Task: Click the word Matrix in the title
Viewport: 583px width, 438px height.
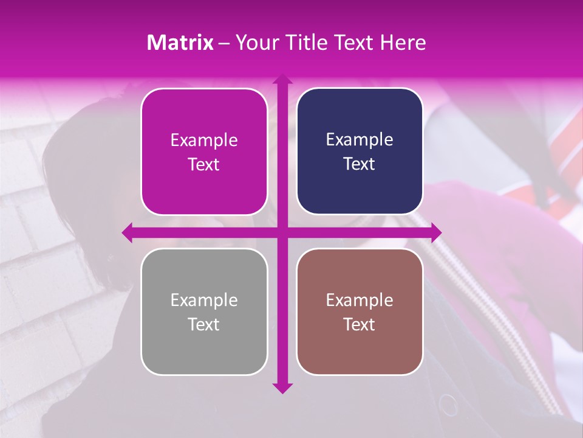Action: point(180,43)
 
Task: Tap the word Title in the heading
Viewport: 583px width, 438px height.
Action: point(309,43)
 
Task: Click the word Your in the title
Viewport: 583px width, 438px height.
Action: point(254,43)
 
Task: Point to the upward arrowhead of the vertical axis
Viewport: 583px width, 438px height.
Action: point(282,80)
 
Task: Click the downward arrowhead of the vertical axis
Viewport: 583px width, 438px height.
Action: point(282,388)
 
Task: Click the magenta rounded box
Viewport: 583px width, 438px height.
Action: point(204,152)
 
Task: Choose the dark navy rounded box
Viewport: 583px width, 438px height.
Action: point(360,151)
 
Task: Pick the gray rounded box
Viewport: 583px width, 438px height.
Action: point(204,312)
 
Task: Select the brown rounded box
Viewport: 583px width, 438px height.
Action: point(360,312)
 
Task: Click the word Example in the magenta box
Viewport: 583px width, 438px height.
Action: point(204,141)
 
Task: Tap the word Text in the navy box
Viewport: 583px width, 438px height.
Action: point(360,164)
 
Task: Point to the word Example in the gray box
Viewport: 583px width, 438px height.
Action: point(204,301)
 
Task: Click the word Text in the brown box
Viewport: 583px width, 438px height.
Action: point(360,325)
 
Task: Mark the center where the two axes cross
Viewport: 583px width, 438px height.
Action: point(282,232)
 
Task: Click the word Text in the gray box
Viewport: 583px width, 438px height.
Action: point(204,325)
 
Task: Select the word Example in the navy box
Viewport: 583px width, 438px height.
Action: point(360,140)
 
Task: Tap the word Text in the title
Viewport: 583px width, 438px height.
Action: point(355,43)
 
